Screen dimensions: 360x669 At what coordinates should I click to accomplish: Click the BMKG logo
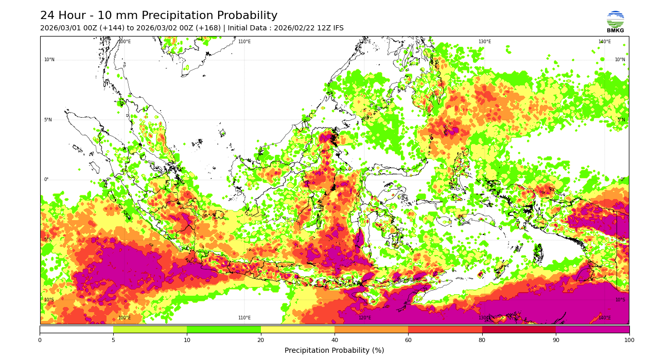pos(615,22)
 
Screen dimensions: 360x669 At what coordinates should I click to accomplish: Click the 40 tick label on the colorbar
pos(334,340)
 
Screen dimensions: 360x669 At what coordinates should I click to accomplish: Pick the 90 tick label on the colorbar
pos(555,340)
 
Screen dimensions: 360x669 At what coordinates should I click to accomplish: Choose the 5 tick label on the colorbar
pos(113,340)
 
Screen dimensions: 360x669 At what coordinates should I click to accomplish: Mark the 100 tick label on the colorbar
pos(629,340)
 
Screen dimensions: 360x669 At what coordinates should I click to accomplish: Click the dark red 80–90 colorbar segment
pos(519,329)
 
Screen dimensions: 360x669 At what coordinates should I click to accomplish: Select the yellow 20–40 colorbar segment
pos(297,329)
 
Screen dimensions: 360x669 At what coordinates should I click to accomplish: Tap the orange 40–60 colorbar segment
pos(371,329)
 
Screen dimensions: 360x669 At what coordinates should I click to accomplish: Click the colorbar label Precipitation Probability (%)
pos(334,351)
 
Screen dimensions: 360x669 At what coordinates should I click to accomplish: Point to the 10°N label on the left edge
pos(49,60)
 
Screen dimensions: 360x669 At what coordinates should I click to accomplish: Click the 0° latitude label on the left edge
pos(46,180)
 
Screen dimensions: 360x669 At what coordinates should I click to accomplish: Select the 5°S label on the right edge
pos(621,240)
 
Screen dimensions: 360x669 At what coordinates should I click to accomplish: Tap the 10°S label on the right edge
pos(620,300)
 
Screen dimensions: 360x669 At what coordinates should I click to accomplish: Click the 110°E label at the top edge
pos(244,42)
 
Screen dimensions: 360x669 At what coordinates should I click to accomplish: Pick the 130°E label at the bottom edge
pos(484,318)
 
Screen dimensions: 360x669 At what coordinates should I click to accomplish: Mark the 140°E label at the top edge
pos(605,42)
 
